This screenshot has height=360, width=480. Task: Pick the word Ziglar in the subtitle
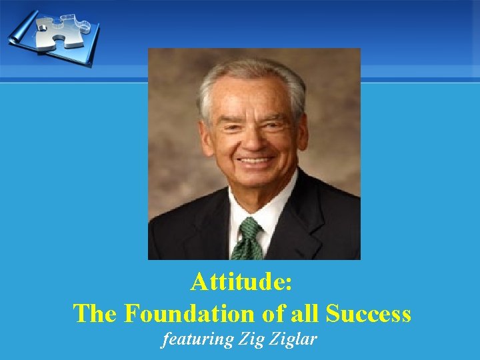click(294, 339)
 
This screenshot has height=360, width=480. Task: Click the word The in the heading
click(95, 313)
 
